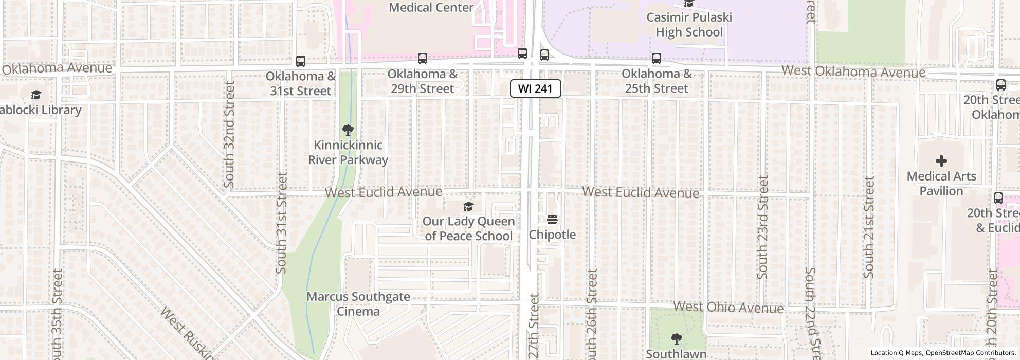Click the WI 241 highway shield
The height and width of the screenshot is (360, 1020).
tap(535, 88)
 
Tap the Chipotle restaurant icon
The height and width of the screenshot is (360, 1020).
tap(552, 220)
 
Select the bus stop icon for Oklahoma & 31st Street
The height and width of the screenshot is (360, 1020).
tap(301, 61)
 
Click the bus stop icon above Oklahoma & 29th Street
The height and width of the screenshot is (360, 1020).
tap(422, 59)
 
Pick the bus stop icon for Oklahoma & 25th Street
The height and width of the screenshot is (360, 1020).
tap(657, 59)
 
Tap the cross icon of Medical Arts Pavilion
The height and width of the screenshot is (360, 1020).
tap(941, 161)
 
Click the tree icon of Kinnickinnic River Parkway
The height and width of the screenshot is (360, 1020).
tap(348, 130)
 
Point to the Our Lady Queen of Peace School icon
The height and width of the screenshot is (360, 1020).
tap(468, 207)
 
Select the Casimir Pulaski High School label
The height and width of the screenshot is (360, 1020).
tap(689, 25)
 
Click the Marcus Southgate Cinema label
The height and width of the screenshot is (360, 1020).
tap(358, 304)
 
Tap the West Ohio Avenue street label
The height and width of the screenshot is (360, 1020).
tap(728, 308)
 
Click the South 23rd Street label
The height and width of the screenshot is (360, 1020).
tap(762, 227)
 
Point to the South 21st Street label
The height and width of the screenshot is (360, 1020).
tap(868, 227)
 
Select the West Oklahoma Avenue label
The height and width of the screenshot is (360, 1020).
tap(853, 72)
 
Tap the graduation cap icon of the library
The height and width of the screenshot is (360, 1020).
tap(36, 95)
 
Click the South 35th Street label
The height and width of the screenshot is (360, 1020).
tap(57, 314)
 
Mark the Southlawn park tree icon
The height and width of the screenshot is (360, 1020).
tap(676, 339)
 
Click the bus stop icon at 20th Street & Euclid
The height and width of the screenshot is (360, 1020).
tap(998, 198)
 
